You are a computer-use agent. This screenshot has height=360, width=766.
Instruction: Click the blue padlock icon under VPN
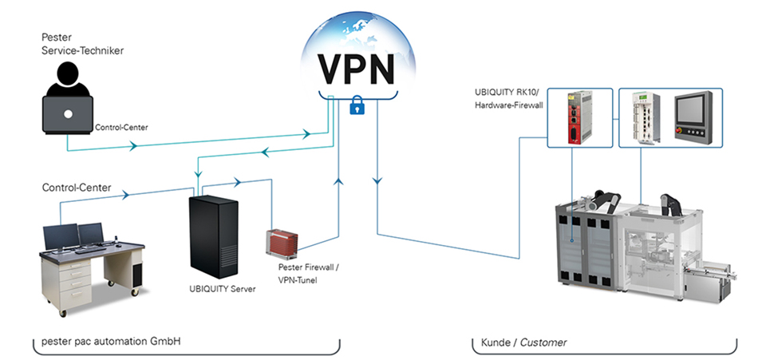357,107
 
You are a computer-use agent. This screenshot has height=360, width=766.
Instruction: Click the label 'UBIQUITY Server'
223,288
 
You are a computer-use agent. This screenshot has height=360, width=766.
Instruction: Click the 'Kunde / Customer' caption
523,342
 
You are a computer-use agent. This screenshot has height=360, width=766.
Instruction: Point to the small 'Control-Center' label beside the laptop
121,127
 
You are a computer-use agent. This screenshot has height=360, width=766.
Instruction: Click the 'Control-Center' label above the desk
76,188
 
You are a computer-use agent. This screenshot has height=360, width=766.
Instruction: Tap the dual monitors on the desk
73,235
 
